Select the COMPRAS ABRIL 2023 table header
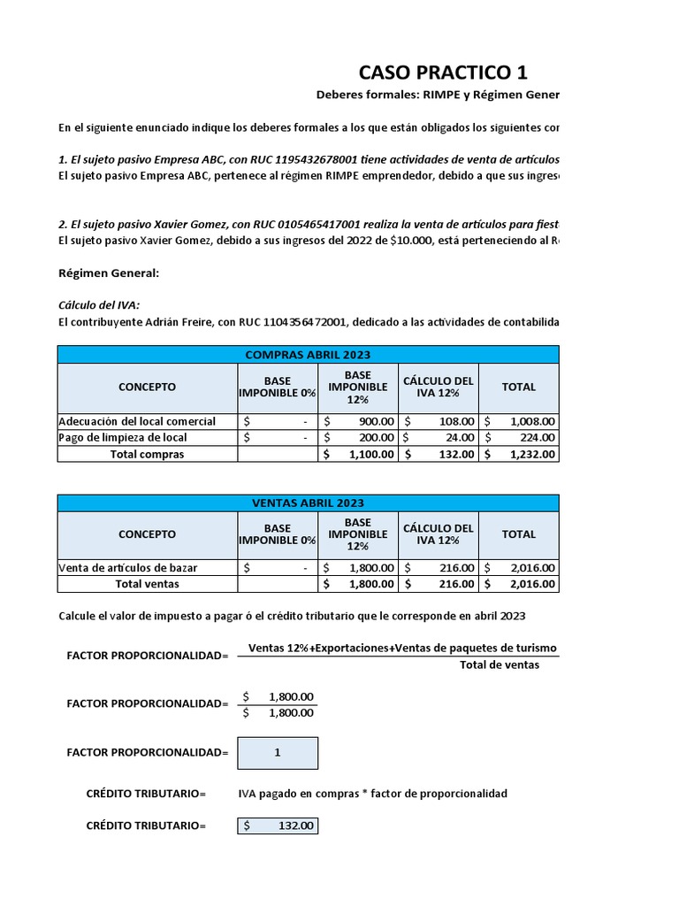pyautogui.click(x=308, y=355)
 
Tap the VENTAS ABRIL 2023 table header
pyautogui.click(x=308, y=503)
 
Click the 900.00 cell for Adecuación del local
pyautogui.click(x=358, y=421)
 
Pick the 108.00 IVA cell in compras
pyautogui.click(x=439, y=421)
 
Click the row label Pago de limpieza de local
pyautogui.click(x=123, y=437)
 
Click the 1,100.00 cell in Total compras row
pyautogui.click(x=358, y=454)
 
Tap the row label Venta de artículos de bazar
pyautogui.click(x=127, y=567)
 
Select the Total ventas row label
pyautogui.click(x=147, y=584)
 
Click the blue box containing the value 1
pyautogui.click(x=278, y=753)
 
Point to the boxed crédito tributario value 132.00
pyautogui.click(x=278, y=825)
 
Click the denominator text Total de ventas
pyautogui.click(x=499, y=665)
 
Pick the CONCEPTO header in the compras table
pyautogui.click(x=147, y=387)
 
